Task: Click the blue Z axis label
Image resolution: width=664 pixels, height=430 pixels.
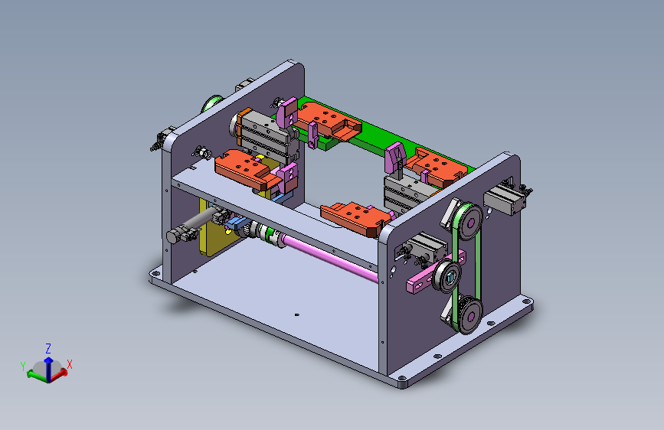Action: (x=48, y=349)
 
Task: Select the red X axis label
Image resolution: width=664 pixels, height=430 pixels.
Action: (x=70, y=364)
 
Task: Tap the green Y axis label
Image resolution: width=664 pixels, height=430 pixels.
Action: (x=23, y=366)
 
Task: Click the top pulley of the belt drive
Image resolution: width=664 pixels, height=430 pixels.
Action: (x=469, y=222)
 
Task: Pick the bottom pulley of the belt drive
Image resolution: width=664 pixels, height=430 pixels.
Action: (x=469, y=316)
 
